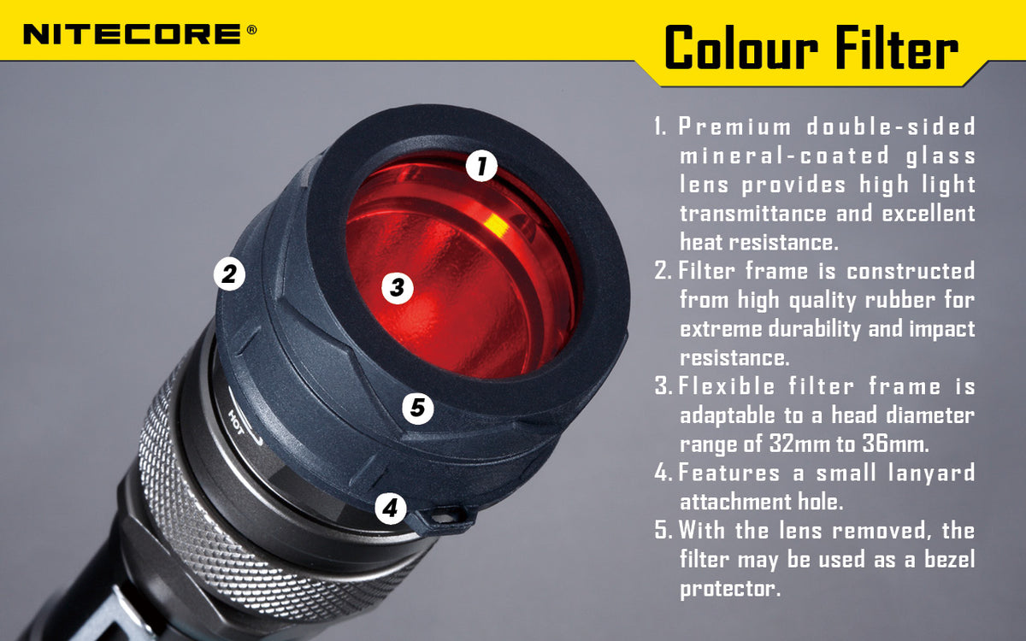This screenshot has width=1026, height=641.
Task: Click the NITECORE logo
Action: (x=133, y=33)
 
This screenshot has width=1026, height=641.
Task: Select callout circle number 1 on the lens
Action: (x=482, y=165)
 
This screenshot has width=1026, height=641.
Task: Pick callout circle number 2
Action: (x=228, y=274)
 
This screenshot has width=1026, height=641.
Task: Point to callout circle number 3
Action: (x=397, y=287)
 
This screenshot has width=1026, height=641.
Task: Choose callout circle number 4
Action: (x=390, y=509)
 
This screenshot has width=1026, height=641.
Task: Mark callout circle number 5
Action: (x=417, y=408)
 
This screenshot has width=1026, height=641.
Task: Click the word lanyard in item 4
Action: (x=929, y=473)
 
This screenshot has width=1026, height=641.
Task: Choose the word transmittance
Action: (x=753, y=213)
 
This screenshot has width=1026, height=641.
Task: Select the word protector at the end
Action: (x=730, y=589)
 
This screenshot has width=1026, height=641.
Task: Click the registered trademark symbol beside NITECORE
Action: (x=251, y=29)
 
